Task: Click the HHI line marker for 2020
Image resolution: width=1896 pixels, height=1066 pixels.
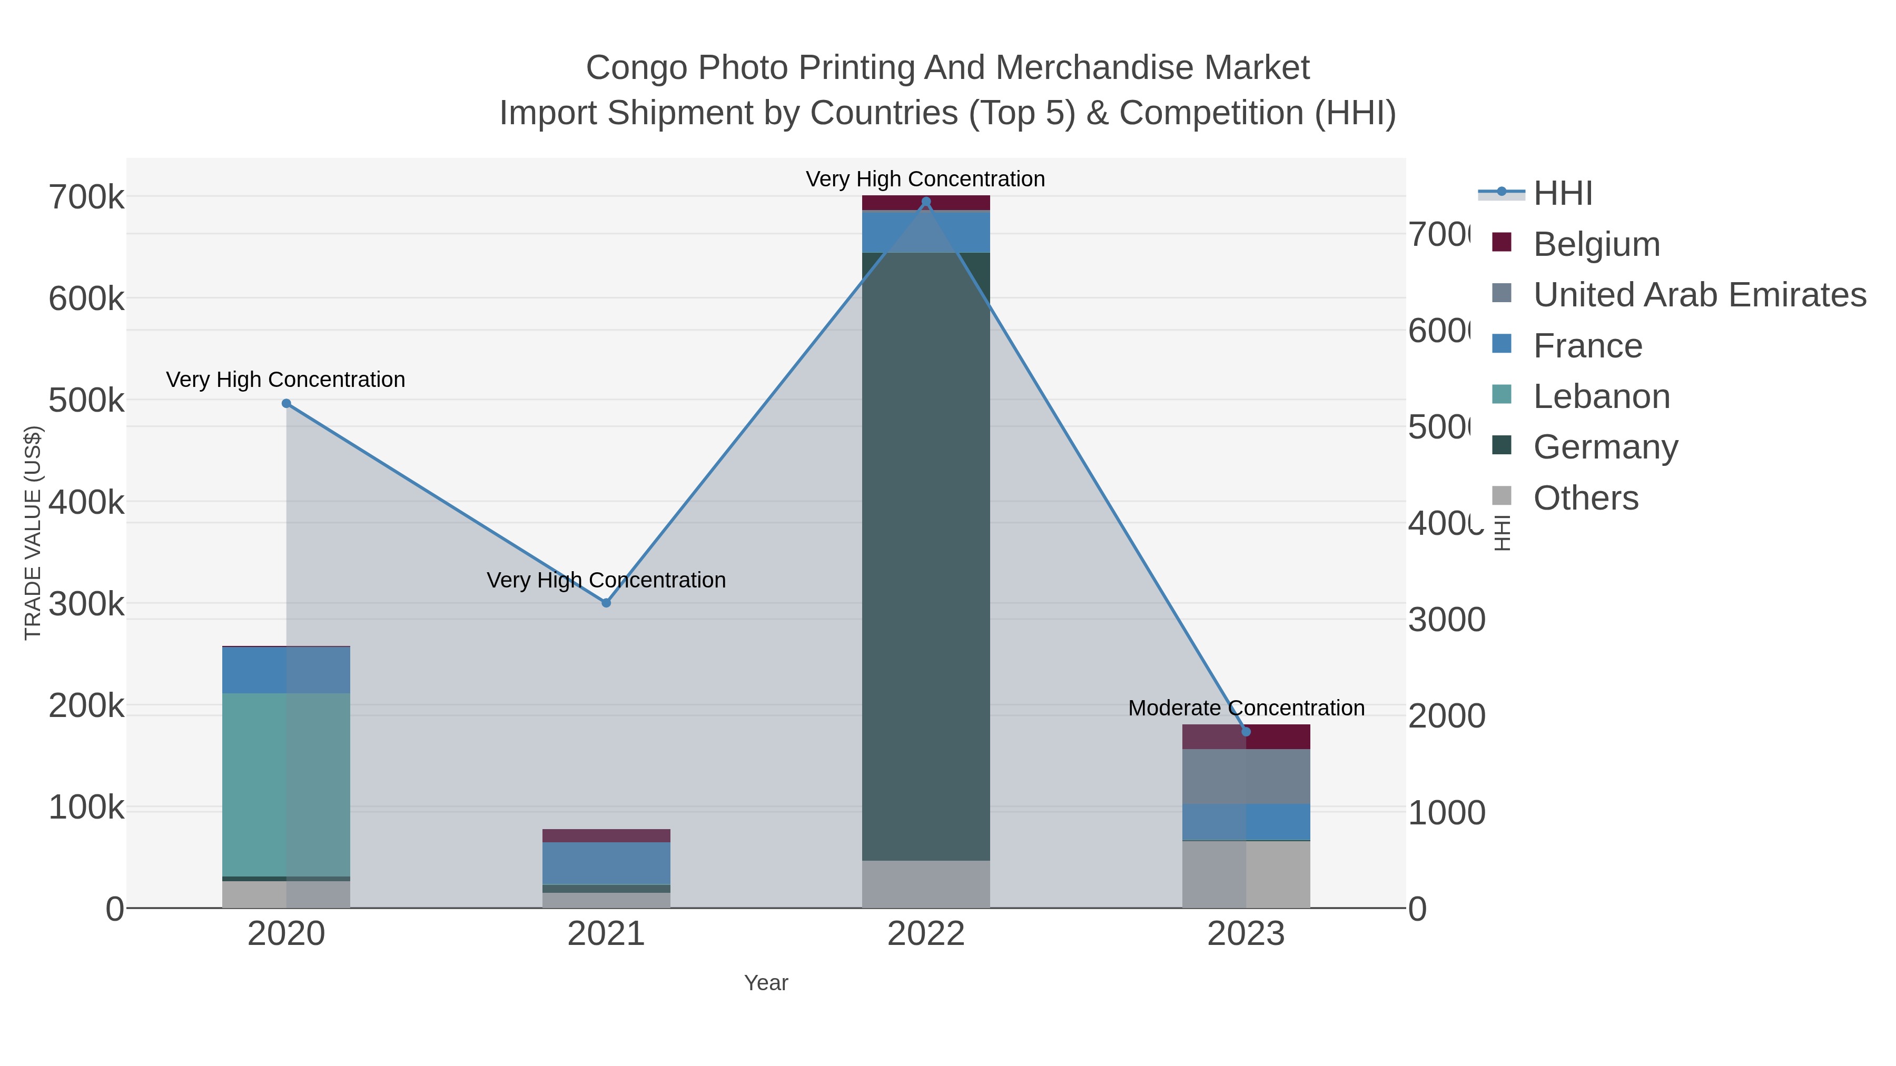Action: (287, 403)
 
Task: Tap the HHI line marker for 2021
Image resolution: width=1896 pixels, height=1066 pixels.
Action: (606, 603)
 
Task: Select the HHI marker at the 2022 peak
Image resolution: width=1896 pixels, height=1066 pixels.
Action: (926, 202)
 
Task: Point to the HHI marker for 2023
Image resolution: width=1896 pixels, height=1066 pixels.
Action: (1246, 731)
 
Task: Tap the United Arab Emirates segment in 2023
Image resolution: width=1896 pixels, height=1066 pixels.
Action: (1246, 776)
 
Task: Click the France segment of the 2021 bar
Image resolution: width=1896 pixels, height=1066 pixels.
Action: (606, 863)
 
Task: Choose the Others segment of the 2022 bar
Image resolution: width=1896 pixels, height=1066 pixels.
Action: (926, 883)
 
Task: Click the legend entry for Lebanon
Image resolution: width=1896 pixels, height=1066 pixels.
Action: (1601, 396)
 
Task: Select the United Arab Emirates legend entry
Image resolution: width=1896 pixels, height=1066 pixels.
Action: (1698, 295)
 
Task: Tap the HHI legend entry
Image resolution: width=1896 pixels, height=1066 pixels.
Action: (1562, 194)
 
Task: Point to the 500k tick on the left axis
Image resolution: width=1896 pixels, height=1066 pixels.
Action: (87, 401)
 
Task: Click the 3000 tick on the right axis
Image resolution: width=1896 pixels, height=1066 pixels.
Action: (1446, 620)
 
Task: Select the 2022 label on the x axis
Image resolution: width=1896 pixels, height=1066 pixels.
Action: (926, 933)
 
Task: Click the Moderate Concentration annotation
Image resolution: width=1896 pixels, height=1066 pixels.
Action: (1246, 708)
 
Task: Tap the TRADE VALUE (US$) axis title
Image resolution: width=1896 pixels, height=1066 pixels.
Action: (33, 533)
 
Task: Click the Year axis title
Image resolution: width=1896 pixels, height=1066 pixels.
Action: (765, 983)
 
